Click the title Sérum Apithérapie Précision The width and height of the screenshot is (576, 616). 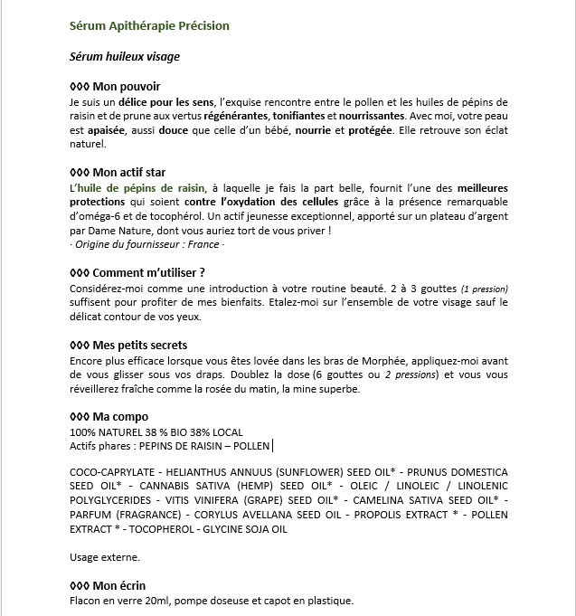click(149, 26)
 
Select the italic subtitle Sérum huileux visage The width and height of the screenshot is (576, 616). click(125, 57)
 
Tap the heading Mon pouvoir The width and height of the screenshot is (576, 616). click(115, 86)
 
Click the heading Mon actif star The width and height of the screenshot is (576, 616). click(123, 172)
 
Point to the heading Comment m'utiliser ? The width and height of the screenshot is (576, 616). click(142, 272)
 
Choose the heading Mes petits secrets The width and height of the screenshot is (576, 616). click(133, 345)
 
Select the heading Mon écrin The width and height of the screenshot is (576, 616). click(113, 585)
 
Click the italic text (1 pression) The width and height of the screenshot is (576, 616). click(484, 288)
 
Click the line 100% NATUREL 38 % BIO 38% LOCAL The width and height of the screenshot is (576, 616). click(156, 431)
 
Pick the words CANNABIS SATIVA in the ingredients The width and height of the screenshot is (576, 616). click(161, 487)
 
